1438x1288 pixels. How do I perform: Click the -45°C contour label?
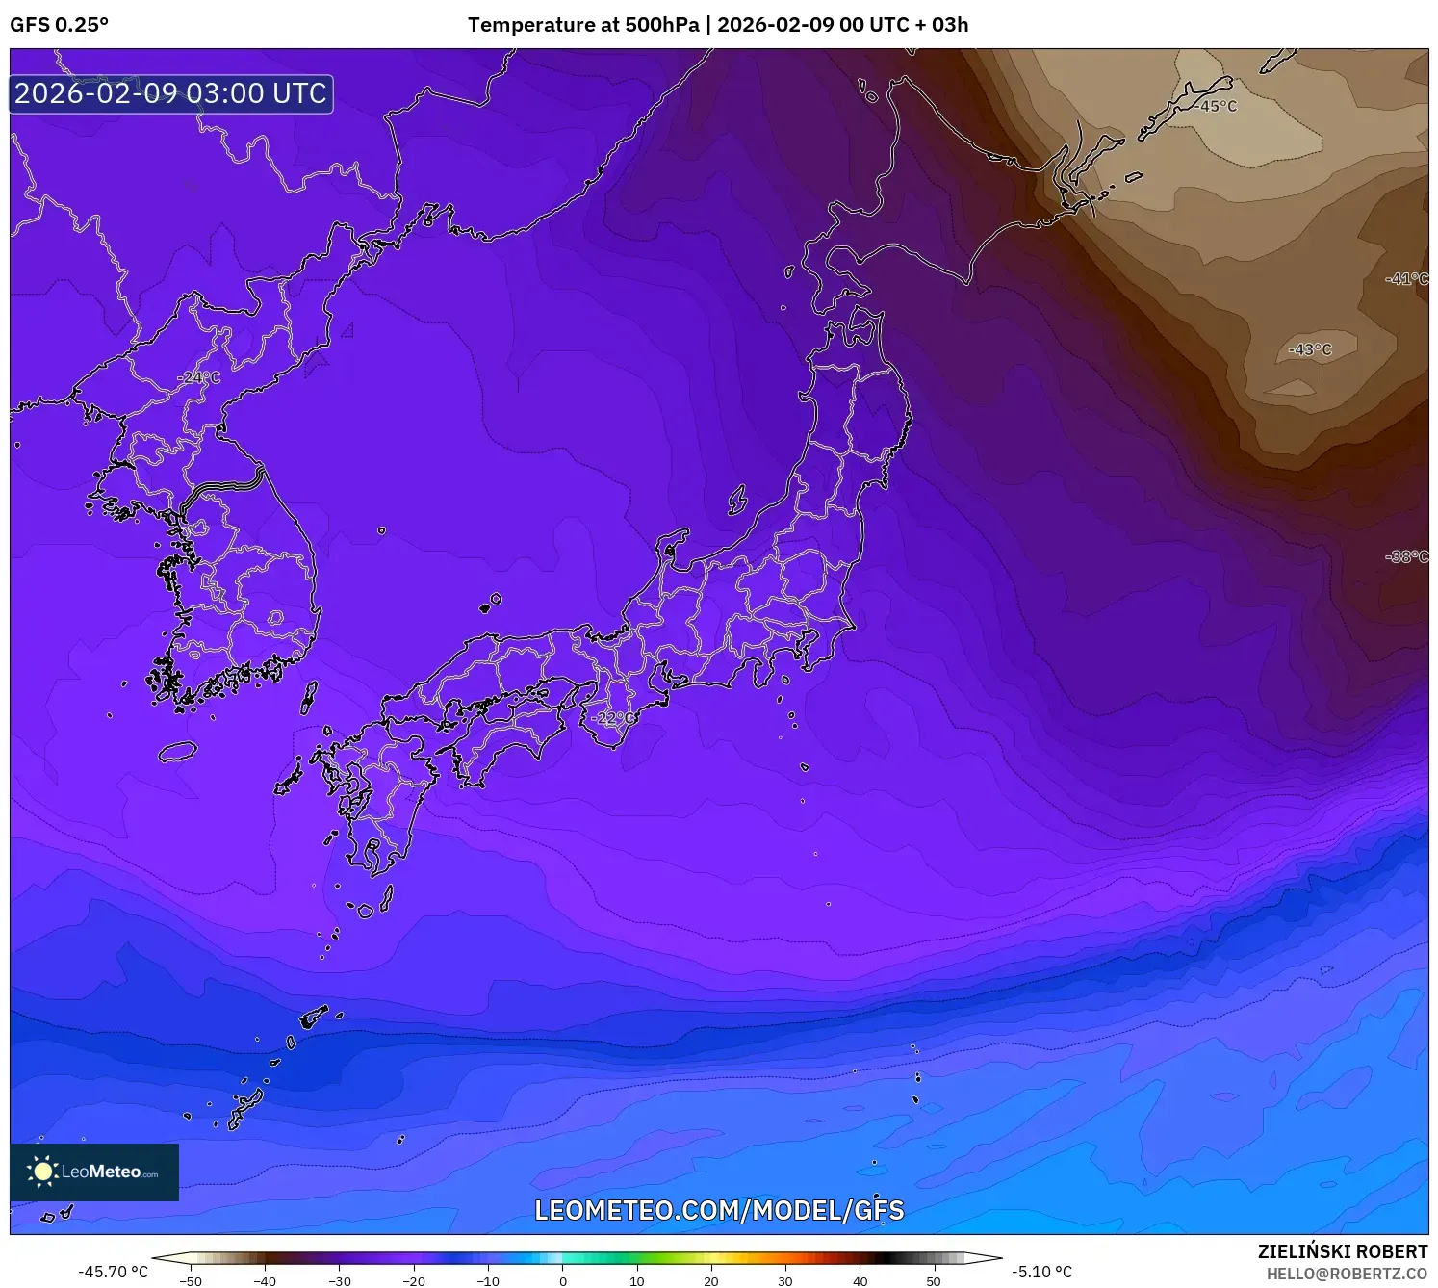[1216, 106]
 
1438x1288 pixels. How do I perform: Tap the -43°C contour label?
[1310, 349]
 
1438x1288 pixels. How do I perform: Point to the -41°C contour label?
[1406, 279]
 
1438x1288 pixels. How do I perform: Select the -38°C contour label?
[1406, 556]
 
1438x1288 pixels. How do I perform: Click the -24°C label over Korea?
[198, 377]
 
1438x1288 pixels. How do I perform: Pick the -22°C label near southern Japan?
[612, 718]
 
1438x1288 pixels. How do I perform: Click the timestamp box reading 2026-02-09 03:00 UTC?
[171, 93]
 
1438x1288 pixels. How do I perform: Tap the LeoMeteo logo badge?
[94, 1172]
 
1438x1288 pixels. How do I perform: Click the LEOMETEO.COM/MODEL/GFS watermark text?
[719, 1210]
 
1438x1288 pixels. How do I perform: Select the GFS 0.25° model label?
[60, 25]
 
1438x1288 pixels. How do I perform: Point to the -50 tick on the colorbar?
[191, 1280]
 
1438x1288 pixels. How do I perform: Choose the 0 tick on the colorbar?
[563, 1280]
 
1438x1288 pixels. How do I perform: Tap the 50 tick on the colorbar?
[934, 1280]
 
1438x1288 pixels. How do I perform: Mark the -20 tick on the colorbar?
[414, 1280]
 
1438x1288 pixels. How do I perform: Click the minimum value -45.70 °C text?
[114, 1272]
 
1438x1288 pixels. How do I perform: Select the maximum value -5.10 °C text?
[1041, 1272]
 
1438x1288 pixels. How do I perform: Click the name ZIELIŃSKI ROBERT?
[1343, 1251]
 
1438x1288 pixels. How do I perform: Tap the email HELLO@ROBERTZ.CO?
[1347, 1274]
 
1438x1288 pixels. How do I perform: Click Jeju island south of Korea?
[178, 751]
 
